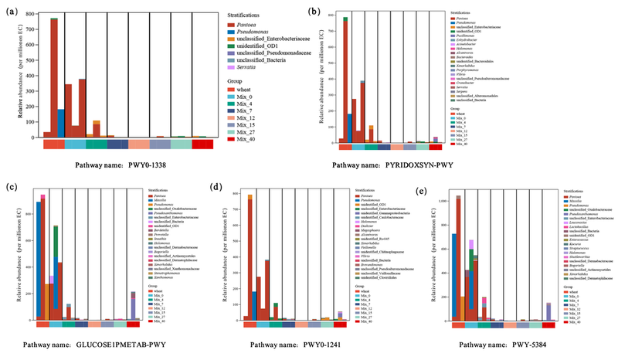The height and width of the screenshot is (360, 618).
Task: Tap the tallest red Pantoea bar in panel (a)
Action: point(54,77)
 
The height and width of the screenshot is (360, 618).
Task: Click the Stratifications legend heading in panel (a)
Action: point(251,15)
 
